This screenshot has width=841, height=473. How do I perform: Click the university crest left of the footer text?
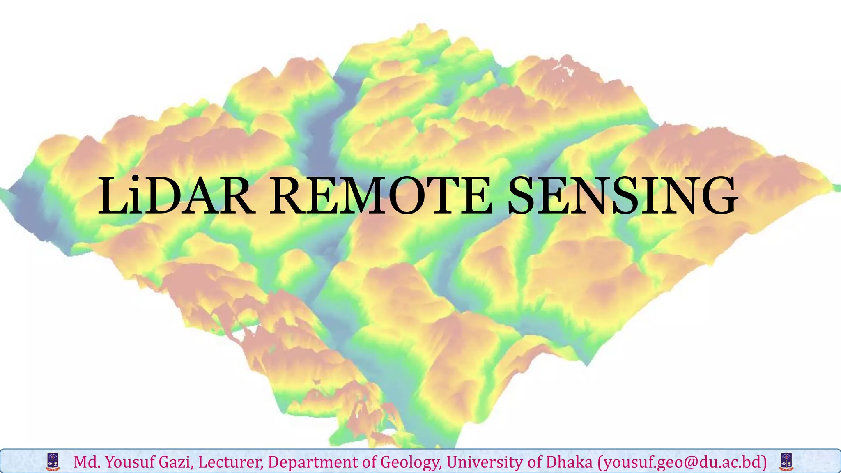coord(53,462)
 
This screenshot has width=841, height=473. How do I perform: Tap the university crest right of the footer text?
coord(786,462)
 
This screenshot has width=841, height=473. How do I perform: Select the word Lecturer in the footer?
coord(230,462)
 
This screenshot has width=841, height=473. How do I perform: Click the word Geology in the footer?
coord(411,462)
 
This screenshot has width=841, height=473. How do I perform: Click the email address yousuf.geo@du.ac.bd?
coord(682,462)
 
